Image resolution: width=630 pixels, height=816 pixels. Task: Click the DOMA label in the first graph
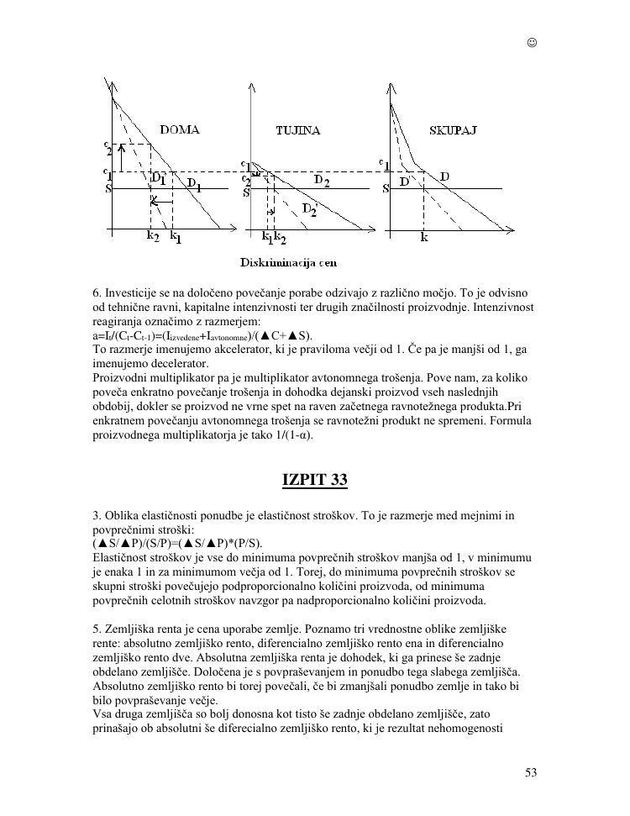179,129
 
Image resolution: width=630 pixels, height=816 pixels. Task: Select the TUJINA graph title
298,130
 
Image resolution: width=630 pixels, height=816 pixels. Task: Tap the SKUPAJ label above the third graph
453,130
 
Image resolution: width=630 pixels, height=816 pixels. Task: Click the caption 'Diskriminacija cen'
289,263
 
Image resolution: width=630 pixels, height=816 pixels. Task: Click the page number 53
531,773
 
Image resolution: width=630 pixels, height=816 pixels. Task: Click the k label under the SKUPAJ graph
424,238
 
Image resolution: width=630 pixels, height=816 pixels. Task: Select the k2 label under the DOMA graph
151,238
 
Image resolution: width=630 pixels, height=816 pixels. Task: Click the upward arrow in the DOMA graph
121,157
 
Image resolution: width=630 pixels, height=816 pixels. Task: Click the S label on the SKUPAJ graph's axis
386,189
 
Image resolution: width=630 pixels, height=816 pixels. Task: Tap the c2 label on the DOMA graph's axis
108,147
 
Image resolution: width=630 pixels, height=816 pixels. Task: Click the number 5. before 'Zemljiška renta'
97,629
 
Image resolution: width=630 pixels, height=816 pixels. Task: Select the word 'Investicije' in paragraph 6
130,292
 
